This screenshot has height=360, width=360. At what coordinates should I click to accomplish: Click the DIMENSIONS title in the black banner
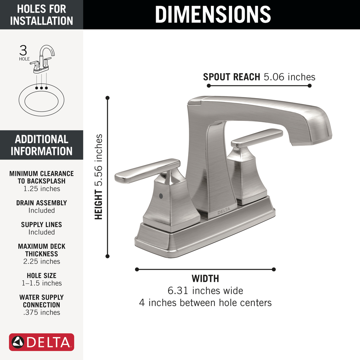pyautogui.click(x=213, y=14)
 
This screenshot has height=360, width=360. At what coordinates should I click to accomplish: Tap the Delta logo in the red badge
pyautogui.click(x=41, y=342)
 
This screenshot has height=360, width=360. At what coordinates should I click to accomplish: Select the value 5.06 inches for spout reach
pyautogui.click(x=289, y=77)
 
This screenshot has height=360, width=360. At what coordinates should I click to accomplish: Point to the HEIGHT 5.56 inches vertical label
pyautogui.click(x=99, y=177)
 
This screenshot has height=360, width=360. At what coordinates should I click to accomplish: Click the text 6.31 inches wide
pyautogui.click(x=205, y=291)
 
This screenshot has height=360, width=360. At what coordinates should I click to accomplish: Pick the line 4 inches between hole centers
pyautogui.click(x=205, y=302)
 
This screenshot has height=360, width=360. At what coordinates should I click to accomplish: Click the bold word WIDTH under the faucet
pyautogui.click(x=205, y=279)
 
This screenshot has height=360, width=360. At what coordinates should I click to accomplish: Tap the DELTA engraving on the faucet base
pyautogui.click(x=224, y=211)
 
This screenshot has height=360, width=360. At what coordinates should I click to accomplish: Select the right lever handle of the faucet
pyautogui.click(x=257, y=137)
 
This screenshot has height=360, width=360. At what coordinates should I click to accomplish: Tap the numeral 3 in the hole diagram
pyautogui.click(x=23, y=51)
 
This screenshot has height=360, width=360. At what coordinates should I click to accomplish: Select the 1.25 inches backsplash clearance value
pyautogui.click(x=41, y=189)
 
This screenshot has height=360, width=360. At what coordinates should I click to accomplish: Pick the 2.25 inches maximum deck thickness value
pyautogui.click(x=41, y=261)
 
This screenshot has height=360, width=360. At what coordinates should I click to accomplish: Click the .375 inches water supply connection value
pyautogui.click(x=41, y=312)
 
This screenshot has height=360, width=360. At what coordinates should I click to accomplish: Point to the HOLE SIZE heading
pyautogui.click(x=41, y=276)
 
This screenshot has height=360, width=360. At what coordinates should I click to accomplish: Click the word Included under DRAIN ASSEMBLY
pyautogui.click(x=41, y=210)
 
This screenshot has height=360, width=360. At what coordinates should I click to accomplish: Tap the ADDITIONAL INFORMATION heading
pyautogui.click(x=41, y=145)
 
